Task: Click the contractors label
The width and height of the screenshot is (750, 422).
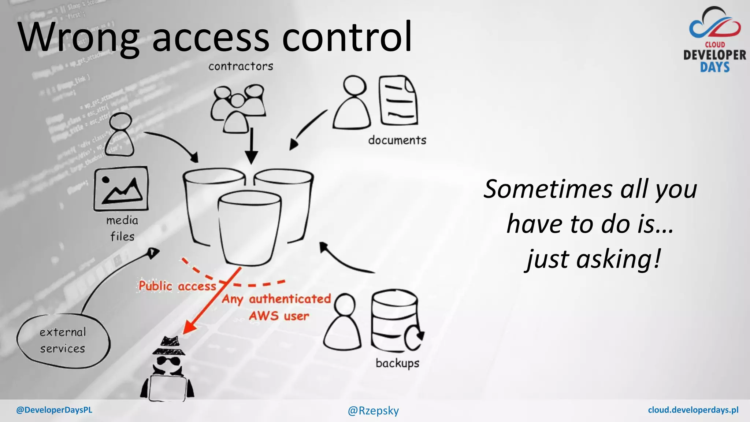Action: (x=241, y=66)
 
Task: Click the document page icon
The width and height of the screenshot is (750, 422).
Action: (x=398, y=100)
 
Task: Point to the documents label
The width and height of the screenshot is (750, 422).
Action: (x=397, y=140)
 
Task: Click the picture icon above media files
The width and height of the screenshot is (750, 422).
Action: (x=121, y=189)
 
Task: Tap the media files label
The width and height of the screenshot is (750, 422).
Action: (x=122, y=228)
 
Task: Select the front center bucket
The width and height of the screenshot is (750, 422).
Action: (x=250, y=227)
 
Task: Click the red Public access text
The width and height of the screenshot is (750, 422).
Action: (x=177, y=286)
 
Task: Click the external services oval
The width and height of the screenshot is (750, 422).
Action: (x=63, y=341)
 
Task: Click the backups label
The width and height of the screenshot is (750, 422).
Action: (x=397, y=363)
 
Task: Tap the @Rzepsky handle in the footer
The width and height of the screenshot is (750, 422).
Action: (x=373, y=411)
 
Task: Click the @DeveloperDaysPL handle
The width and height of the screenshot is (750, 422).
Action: (x=54, y=410)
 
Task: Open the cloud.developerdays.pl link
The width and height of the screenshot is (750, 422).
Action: (x=693, y=410)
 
